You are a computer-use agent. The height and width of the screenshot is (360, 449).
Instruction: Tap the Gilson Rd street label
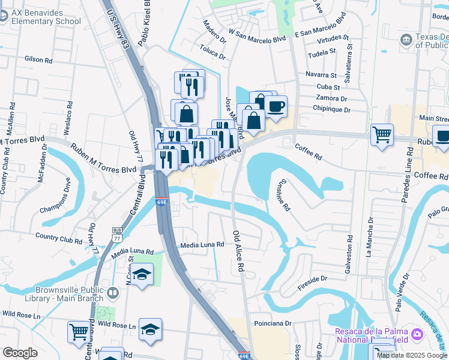[x=38, y=60]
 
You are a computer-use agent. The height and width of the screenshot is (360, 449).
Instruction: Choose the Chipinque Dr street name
[x=331, y=109]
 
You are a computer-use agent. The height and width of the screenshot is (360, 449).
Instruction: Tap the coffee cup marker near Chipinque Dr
[x=276, y=107]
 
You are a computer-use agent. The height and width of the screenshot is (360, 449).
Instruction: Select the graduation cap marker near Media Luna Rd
[x=143, y=275]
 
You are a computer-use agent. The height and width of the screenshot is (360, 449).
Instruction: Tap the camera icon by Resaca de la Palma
[x=417, y=333]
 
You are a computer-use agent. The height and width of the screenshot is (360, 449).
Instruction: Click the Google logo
[x=20, y=353]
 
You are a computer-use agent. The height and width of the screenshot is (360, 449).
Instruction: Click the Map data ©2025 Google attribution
[x=412, y=355]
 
